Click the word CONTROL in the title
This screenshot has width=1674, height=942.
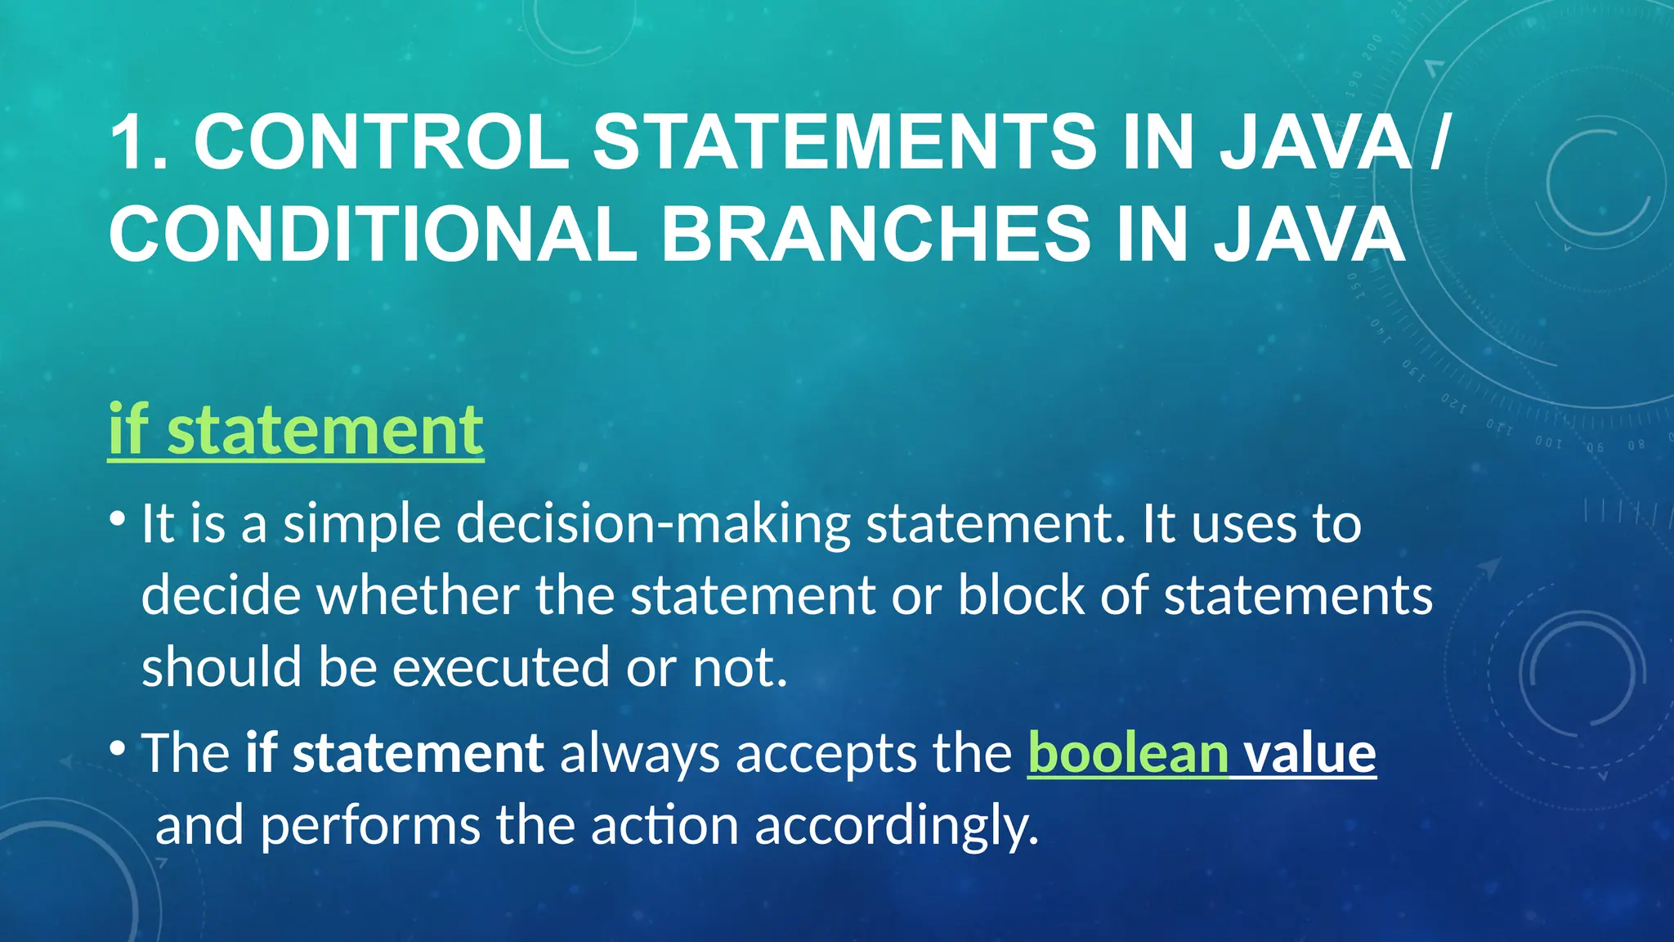(x=381, y=142)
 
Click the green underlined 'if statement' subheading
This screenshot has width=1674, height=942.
(x=296, y=430)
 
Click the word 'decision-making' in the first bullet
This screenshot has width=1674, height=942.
(x=653, y=524)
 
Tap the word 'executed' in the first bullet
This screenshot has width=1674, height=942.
(x=501, y=667)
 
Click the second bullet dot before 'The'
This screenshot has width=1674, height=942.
(x=118, y=747)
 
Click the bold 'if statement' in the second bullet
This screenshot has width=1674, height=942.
(x=395, y=753)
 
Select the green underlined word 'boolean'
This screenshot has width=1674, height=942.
(x=1128, y=753)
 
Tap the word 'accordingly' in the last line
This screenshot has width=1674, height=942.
(x=896, y=826)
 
